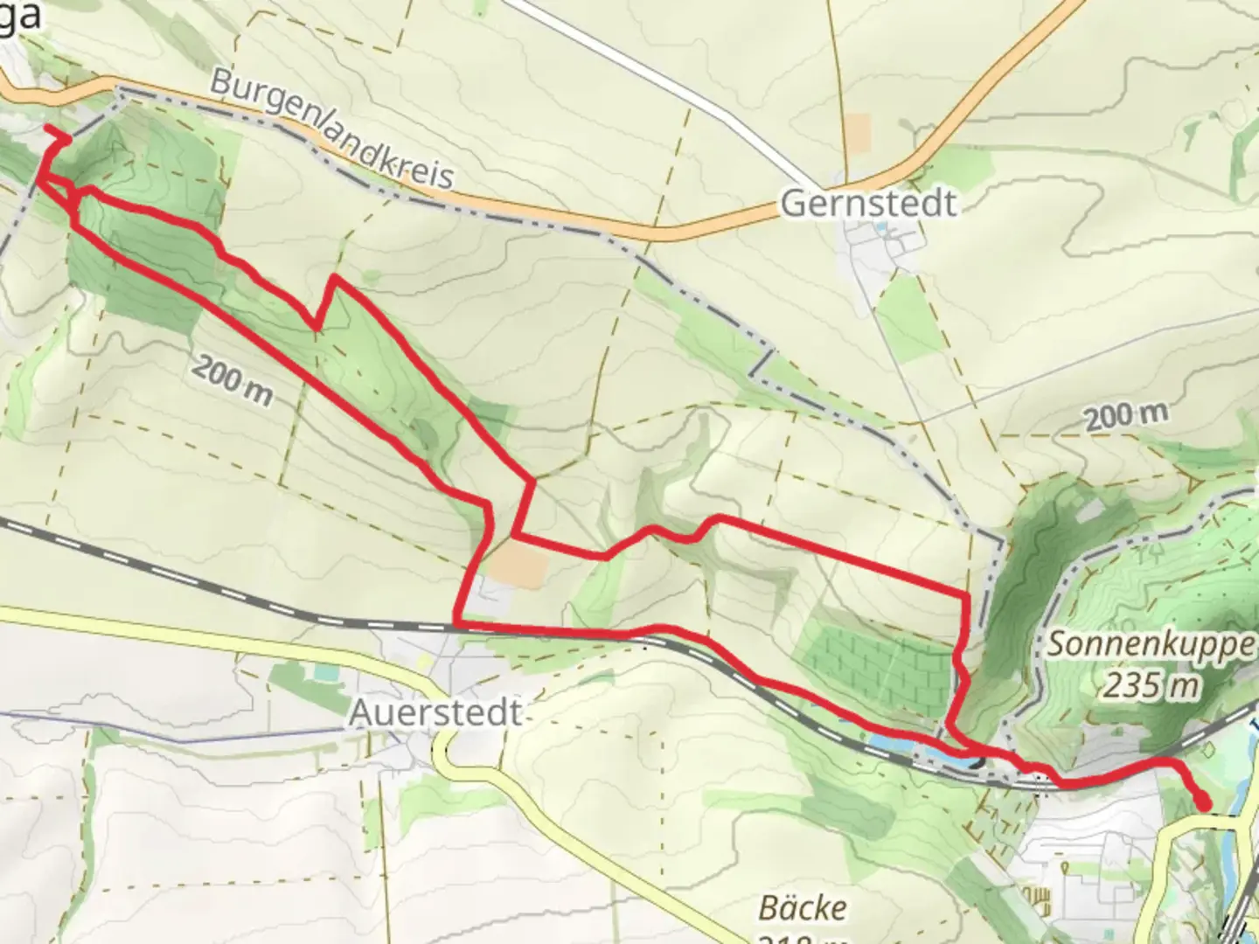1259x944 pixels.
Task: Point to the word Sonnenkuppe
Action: point(1151,644)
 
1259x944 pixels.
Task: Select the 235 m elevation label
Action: point(1149,685)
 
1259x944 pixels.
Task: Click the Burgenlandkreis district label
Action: point(332,130)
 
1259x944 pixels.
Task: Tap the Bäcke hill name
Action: point(802,908)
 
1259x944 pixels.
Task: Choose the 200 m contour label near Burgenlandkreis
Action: point(232,381)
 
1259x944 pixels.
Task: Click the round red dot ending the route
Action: point(1203,801)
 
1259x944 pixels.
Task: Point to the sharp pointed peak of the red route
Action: point(332,278)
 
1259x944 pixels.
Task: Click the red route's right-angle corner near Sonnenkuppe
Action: point(966,597)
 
